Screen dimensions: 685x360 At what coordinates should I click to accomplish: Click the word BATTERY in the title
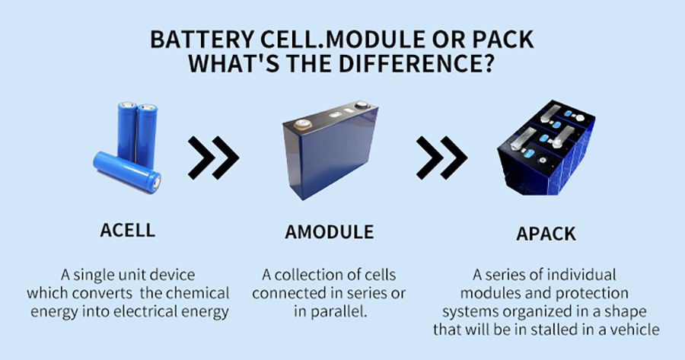coord(202,40)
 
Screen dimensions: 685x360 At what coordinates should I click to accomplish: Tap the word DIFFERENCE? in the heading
coord(416,63)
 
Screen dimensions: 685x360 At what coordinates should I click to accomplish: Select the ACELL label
coord(128,231)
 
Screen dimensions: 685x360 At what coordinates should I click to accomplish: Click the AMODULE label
coord(330,232)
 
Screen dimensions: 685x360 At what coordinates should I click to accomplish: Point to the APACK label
coord(546,234)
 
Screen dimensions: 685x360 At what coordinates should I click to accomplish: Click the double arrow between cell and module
coord(214,158)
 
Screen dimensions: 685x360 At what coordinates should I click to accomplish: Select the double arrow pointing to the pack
coord(441,158)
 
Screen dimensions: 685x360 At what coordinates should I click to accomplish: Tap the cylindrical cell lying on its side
coord(126,172)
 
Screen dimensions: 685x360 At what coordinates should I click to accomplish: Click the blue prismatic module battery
coord(330,149)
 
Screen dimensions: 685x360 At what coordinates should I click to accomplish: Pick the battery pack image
coord(546,148)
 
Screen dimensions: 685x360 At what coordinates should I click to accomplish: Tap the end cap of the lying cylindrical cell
coord(155,183)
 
